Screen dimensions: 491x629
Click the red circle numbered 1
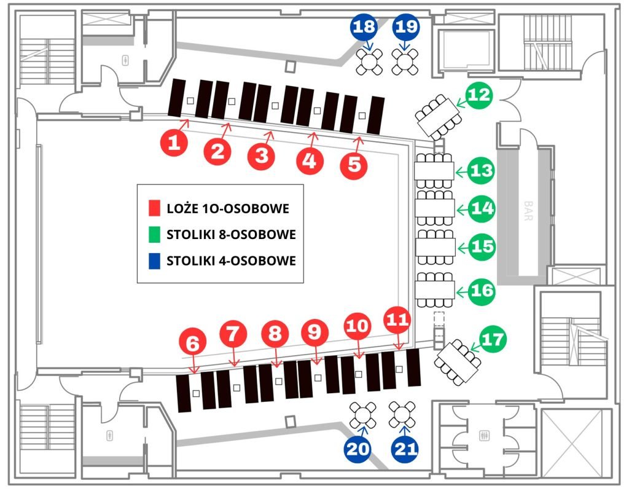tap(174, 144)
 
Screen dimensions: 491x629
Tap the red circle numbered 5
tap(354, 164)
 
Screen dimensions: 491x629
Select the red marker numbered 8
tap(275, 334)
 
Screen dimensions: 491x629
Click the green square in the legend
tap(155, 235)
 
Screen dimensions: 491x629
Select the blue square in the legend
tap(155, 261)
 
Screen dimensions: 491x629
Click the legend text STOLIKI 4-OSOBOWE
tap(231, 261)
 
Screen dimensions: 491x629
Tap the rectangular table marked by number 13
tap(434, 168)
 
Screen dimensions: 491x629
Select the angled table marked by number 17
tap(458, 362)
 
